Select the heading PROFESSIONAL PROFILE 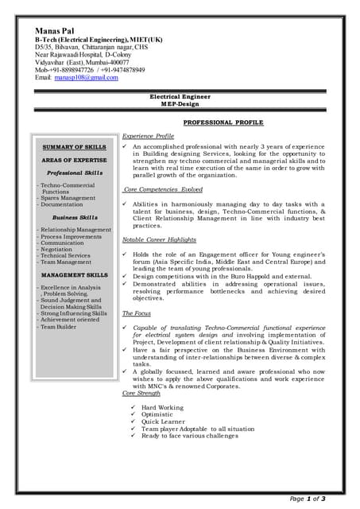[223, 122]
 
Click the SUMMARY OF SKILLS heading [74, 147]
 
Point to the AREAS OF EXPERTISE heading [74, 160]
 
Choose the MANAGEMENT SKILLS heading [74, 274]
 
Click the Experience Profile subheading [148, 136]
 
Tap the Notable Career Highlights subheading [159, 239]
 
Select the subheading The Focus [136, 313]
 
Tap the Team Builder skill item [59, 326]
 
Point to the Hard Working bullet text [162, 406]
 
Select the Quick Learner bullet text [163, 422]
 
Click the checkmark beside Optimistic [133, 414]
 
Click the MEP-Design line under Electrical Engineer [180, 103]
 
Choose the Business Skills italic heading [75, 217]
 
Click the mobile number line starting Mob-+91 [89, 70]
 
